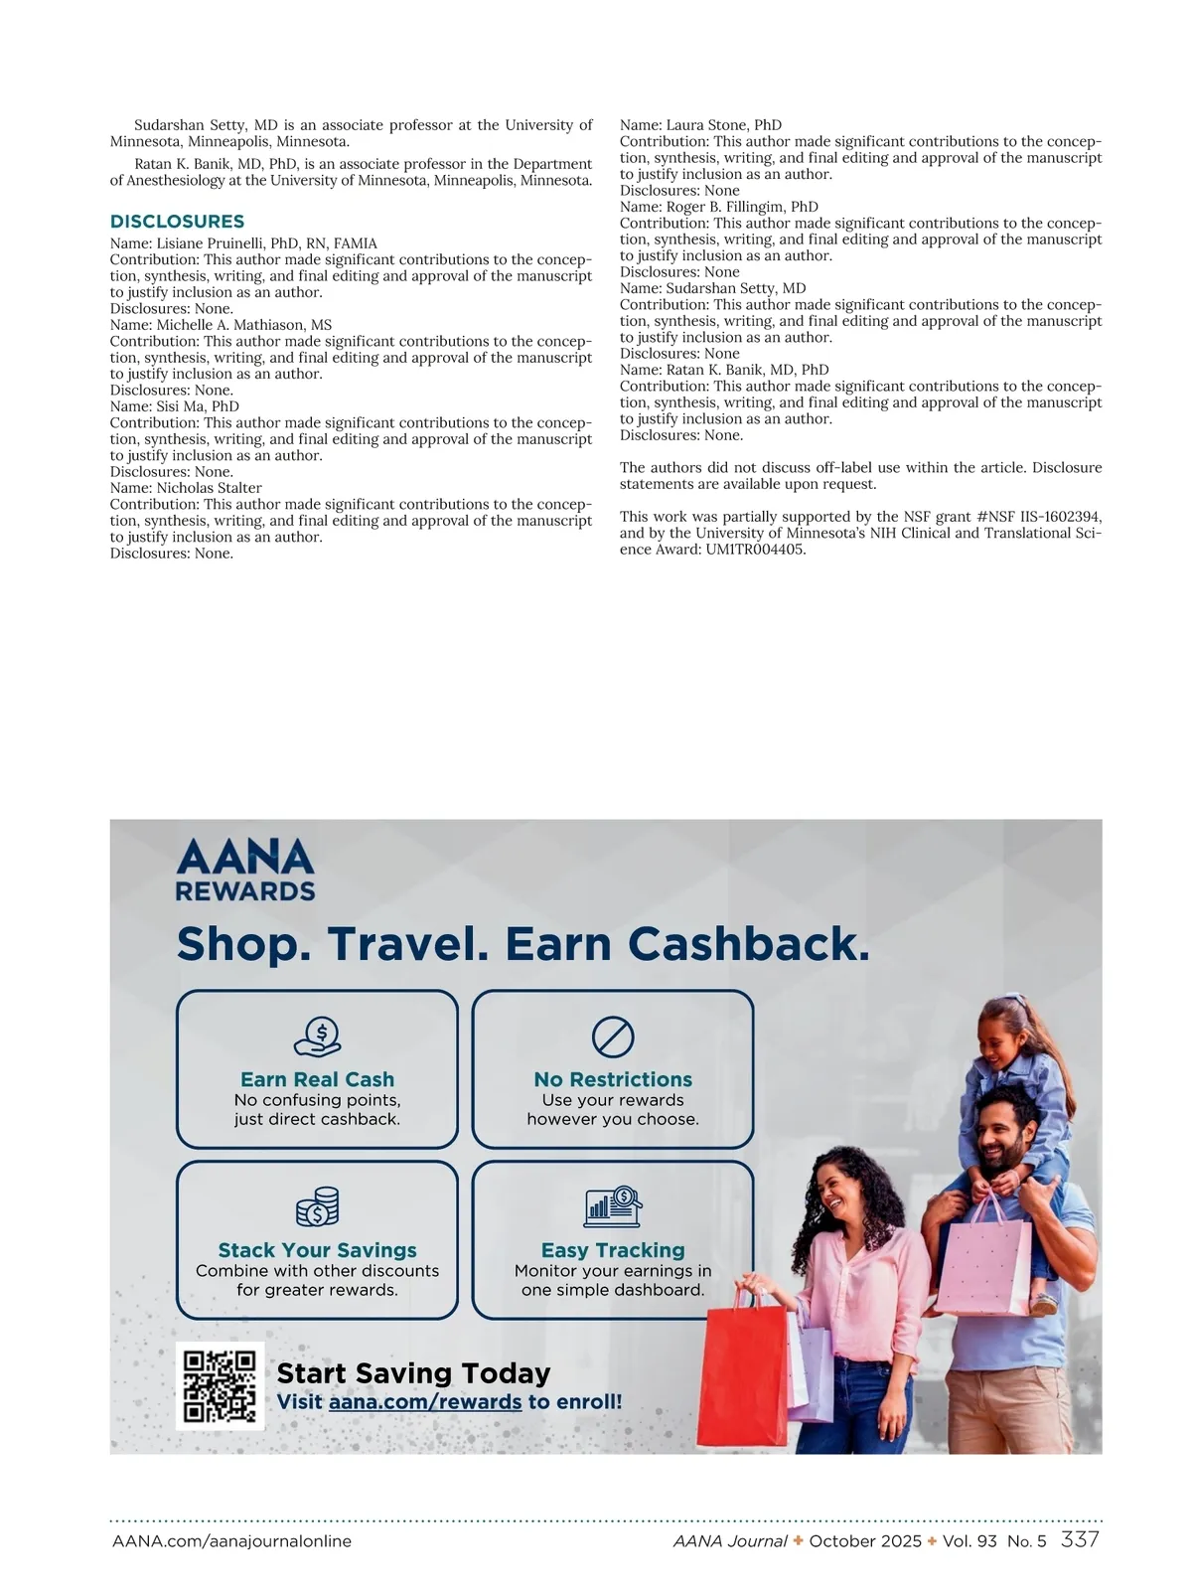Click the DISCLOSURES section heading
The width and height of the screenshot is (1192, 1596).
pyautogui.click(x=177, y=222)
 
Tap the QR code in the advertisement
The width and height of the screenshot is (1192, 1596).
pyautogui.click(x=220, y=1386)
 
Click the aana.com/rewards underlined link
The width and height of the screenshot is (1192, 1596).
pyautogui.click(x=425, y=1402)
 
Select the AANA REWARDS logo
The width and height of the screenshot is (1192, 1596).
pyautogui.click(x=244, y=871)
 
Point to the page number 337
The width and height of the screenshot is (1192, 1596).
pyautogui.click(x=1080, y=1539)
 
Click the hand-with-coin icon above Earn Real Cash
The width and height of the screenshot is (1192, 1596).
pyautogui.click(x=318, y=1037)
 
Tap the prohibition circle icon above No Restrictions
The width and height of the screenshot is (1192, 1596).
pyautogui.click(x=613, y=1037)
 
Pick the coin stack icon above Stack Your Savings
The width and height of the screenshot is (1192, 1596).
pyautogui.click(x=318, y=1206)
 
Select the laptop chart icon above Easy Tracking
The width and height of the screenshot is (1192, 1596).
pyautogui.click(x=613, y=1206)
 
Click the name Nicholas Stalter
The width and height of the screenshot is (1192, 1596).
pyautogui.click(x=209, y=488)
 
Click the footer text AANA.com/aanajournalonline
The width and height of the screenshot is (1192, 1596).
pyautogui.click(x=231, y=1541)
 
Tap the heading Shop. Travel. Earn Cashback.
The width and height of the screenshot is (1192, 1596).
pyautogui.click(x=522, y=944)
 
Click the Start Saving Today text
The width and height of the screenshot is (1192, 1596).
pyautogui.click(x=413, y=1372)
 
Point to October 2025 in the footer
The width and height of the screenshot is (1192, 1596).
pyautogui.click(x=851, y=1541)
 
